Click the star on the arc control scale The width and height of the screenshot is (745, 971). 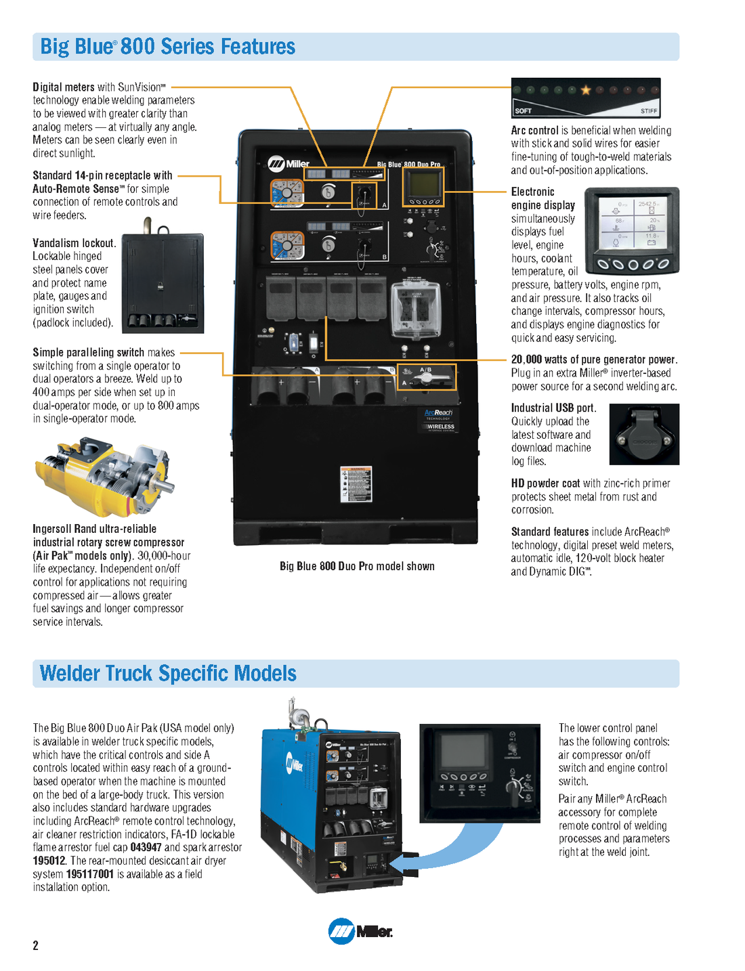point(586,89)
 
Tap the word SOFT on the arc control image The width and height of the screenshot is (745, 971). point(523,110)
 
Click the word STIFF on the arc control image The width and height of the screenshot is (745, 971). point(648,110)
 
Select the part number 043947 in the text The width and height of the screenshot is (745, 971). point(146,847)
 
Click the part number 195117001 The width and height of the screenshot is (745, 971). point(90,874)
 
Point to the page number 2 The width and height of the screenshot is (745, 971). point(36,945)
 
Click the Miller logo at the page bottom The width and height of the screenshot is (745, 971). point(360,931)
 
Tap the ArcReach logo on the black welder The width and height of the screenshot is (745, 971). point(438,412)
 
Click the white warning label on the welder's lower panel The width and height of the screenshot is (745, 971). point(356,484)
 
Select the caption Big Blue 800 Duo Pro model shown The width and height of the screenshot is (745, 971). point(357,566)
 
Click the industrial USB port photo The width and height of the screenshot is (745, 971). point(643,435)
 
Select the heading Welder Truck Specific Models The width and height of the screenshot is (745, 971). point(168,673)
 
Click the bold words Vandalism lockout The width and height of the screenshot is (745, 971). point(74,243)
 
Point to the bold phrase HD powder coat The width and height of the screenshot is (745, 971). point(545,483)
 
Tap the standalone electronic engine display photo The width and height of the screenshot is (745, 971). point(631,230)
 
